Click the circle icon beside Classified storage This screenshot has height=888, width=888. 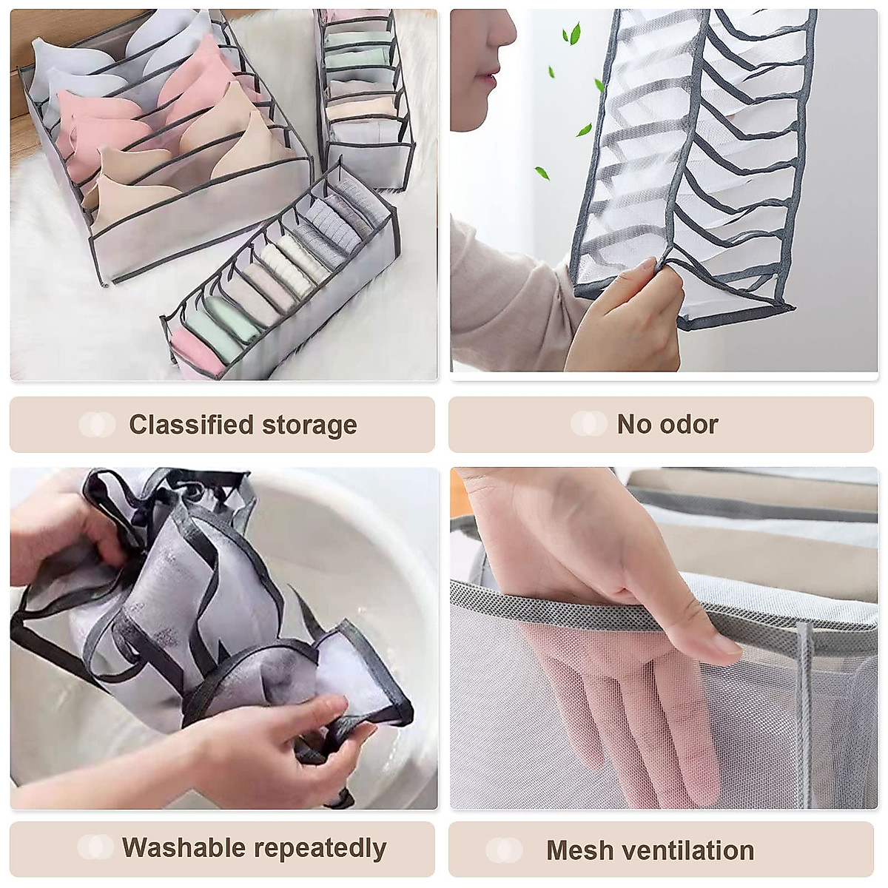[97, 425]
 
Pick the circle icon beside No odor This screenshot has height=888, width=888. [588, 424]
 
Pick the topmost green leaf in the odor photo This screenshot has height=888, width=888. [571, 34]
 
